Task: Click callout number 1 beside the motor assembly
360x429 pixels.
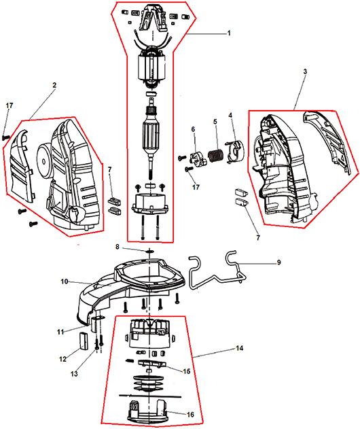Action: pyautogui.click(x=229, y=33)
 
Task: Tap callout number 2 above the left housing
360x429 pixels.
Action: pyautogui.click(x=54, y=85)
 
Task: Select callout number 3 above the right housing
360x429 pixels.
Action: pyautogui.click(x=305, y=71)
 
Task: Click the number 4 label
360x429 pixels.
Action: pyautogui.click(x=230, y=115)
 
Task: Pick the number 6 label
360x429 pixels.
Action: pyautogui.click(x=193, y=129)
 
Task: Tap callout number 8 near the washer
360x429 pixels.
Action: pyautogui.click(x=118, y=247)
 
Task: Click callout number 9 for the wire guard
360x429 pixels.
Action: pyautogui.click(x=278, y=262)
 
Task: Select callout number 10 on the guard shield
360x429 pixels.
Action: pyautogui.click(x=65, y=281)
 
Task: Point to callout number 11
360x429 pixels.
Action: pyautogui.click(x=60, y=332)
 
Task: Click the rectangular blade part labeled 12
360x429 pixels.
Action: pyautogui.click(x=83, y=341)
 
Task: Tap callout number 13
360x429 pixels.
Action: pyautogui.click(x=74, y=374)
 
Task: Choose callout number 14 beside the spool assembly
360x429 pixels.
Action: pyautogui.click(x=240, y=348)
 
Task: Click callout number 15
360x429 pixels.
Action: pyautogui.click(x=186, y=371)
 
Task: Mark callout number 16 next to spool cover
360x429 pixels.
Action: pyautogui.click(x=190, y=415)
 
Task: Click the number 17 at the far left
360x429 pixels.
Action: pyautogui.click(x=10, y=105)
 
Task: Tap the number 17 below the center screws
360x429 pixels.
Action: pyautogui.click(x=196, y=187)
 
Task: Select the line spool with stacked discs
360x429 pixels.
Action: pyautogui.click(x=149, y=383)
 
